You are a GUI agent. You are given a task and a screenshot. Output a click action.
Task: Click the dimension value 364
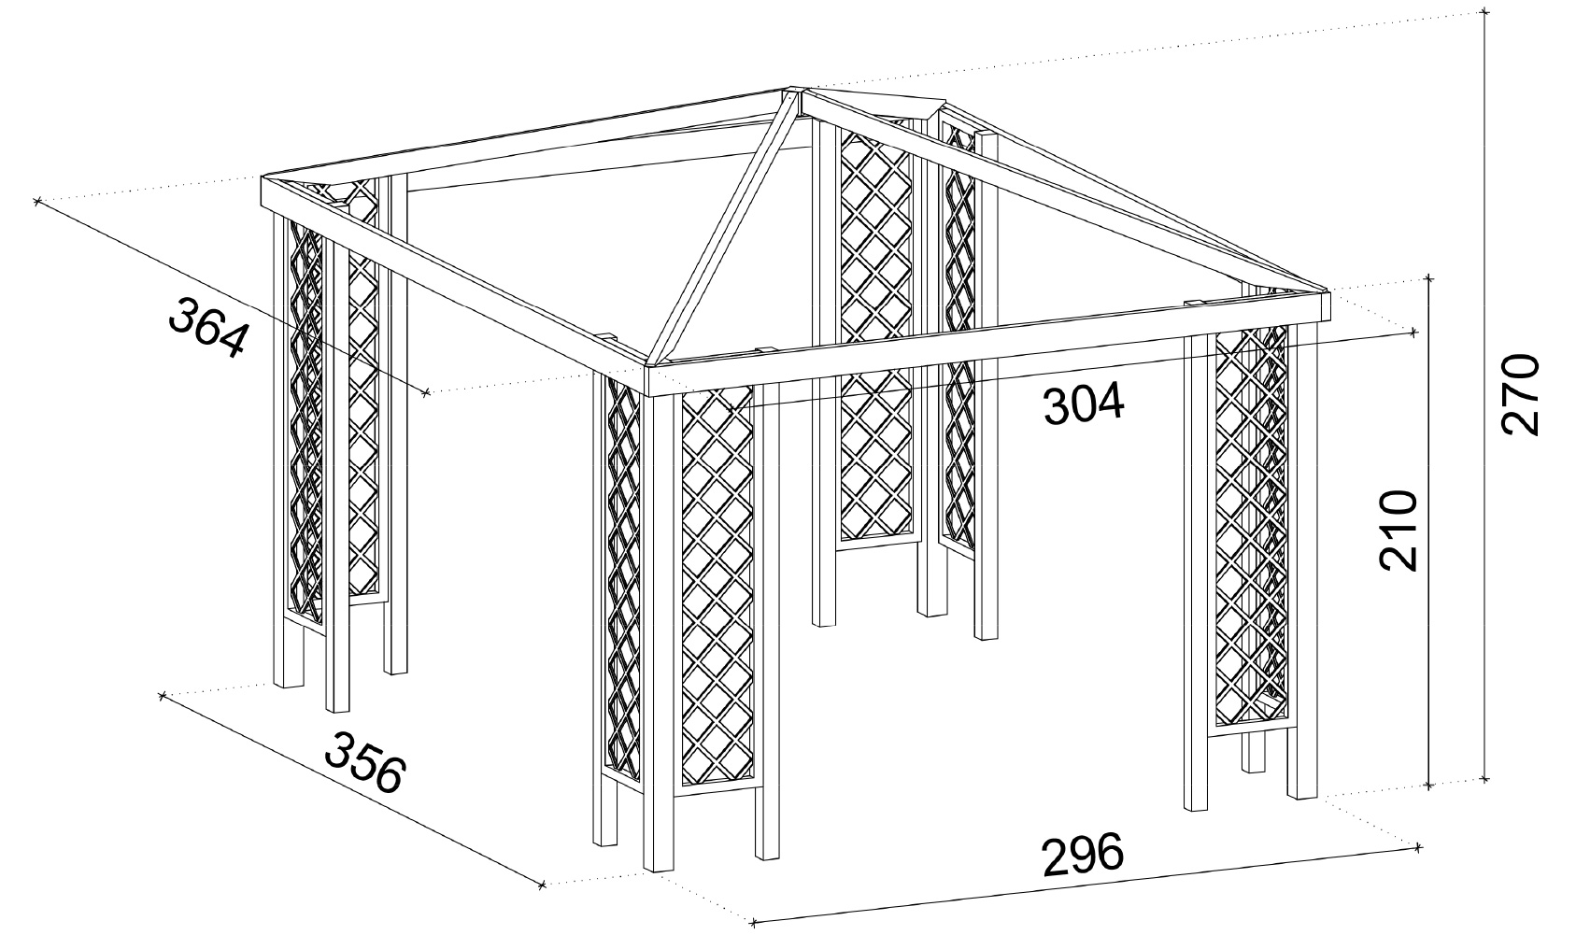208,326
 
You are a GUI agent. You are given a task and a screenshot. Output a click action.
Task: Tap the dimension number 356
365,762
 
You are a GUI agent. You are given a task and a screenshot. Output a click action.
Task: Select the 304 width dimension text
1084,405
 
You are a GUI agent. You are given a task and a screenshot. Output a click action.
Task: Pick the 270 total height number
1520,394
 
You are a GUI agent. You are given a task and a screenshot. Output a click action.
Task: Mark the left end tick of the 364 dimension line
36,201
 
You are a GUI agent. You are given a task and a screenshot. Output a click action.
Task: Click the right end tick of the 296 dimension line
1418,847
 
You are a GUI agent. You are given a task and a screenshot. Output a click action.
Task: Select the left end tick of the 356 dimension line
161,695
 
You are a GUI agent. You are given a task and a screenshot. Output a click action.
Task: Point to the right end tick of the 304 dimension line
1415,332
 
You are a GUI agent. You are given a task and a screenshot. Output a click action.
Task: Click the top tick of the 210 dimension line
1428,278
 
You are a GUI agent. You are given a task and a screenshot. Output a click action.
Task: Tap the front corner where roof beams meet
647,367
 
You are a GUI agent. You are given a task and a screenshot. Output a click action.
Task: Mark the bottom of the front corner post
658,870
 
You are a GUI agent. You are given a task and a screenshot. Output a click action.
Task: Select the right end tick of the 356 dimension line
542,885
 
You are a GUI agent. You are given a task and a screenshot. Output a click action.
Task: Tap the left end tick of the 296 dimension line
754,922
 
